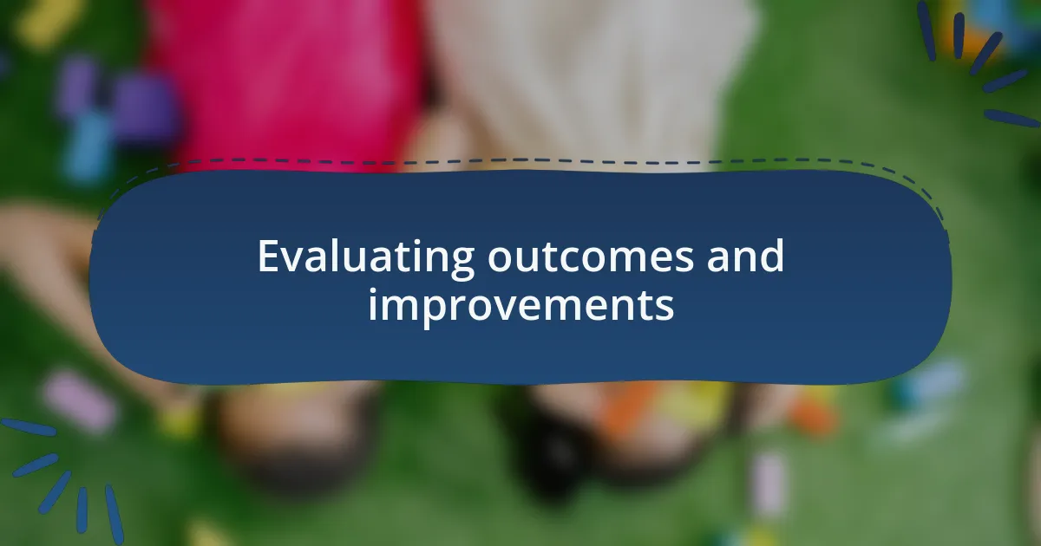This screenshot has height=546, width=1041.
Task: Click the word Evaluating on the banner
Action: [x=364, y=257]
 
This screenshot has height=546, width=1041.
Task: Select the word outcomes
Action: [x=590, y=257]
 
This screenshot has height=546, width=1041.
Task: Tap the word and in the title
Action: [x=744, y=257]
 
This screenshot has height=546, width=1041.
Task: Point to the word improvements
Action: [x=520, y=306]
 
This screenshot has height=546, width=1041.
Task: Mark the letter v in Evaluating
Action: [x=289, y=259]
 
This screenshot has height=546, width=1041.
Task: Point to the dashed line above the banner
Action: [x=520, y=159]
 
